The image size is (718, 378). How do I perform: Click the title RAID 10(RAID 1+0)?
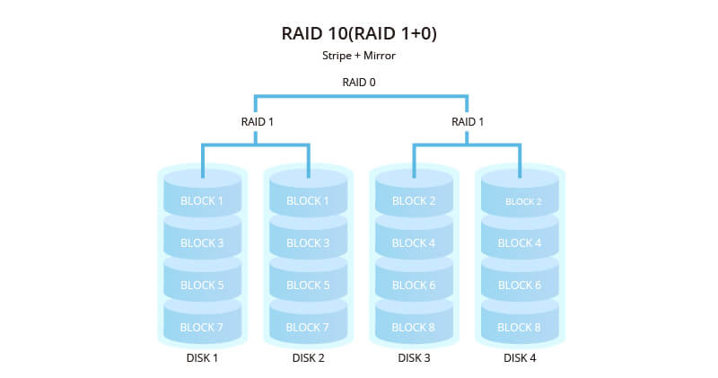[x=359, y=34]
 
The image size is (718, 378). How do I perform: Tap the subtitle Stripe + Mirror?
[x=359, y=56]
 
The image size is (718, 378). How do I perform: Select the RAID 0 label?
[x=359, y=83]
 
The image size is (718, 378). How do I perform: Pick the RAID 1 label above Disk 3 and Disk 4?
[x=467, y=121]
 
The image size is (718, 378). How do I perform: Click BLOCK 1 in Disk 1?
[x=202, y=201]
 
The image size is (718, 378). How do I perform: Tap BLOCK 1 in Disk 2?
[x=308, y=201]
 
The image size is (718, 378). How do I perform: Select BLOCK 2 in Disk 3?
[x=414, y=201]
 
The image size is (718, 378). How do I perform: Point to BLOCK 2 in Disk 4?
[x=520, y=202]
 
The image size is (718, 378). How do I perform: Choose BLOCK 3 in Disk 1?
[x=202, y=243]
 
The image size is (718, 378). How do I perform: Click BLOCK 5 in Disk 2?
[x=308, y=286]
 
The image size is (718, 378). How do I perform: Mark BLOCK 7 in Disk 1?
[x=202, y=328]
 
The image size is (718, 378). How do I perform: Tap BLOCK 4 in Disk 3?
[x=414, y=243]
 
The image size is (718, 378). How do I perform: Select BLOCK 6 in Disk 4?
[x=520, y=286]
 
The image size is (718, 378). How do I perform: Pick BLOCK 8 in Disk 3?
[x=414, y=328]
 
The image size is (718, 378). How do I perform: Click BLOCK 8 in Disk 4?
[x=520, y=328]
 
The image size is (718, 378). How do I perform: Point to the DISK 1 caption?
[x=202, y=358]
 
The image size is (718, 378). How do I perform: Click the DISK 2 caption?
[x=308, y=358]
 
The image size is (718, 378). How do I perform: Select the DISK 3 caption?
[x=414, y=358]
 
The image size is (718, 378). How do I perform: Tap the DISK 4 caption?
[x=520, y=358]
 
